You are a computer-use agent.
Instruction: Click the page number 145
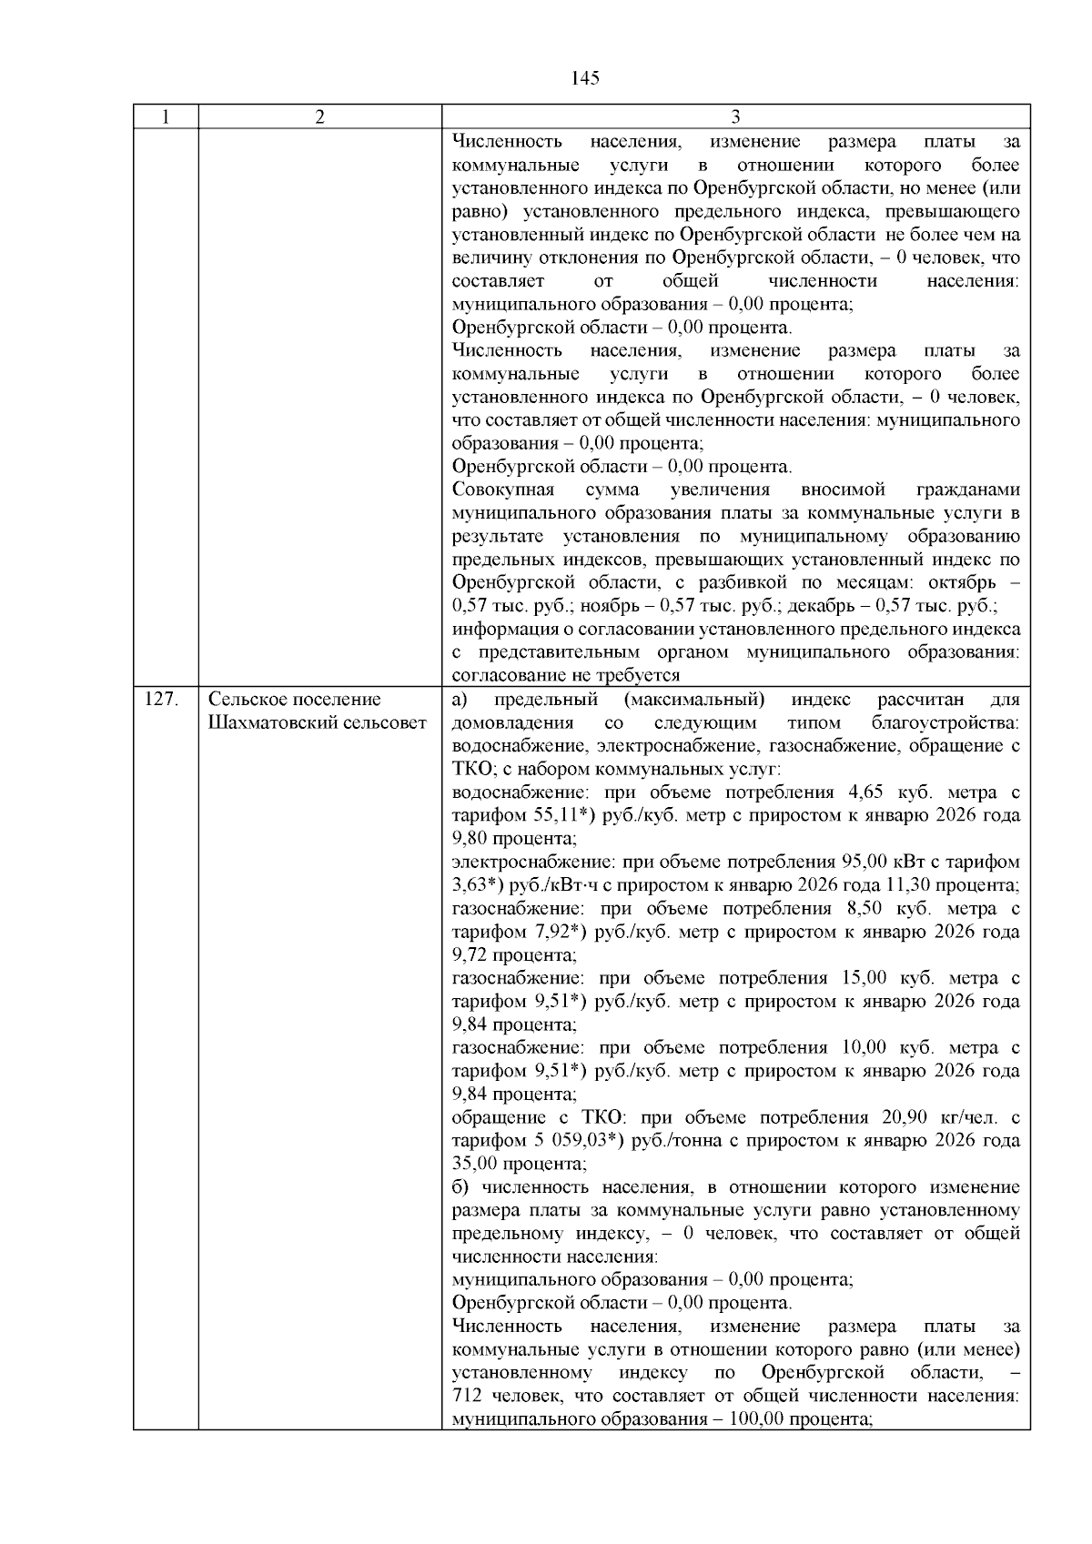(586, 78)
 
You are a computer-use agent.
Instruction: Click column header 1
(166, 117)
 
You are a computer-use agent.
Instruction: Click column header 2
(319, 117)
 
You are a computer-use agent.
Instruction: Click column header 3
(735, 117)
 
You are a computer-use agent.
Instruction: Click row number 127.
(160, 700)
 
